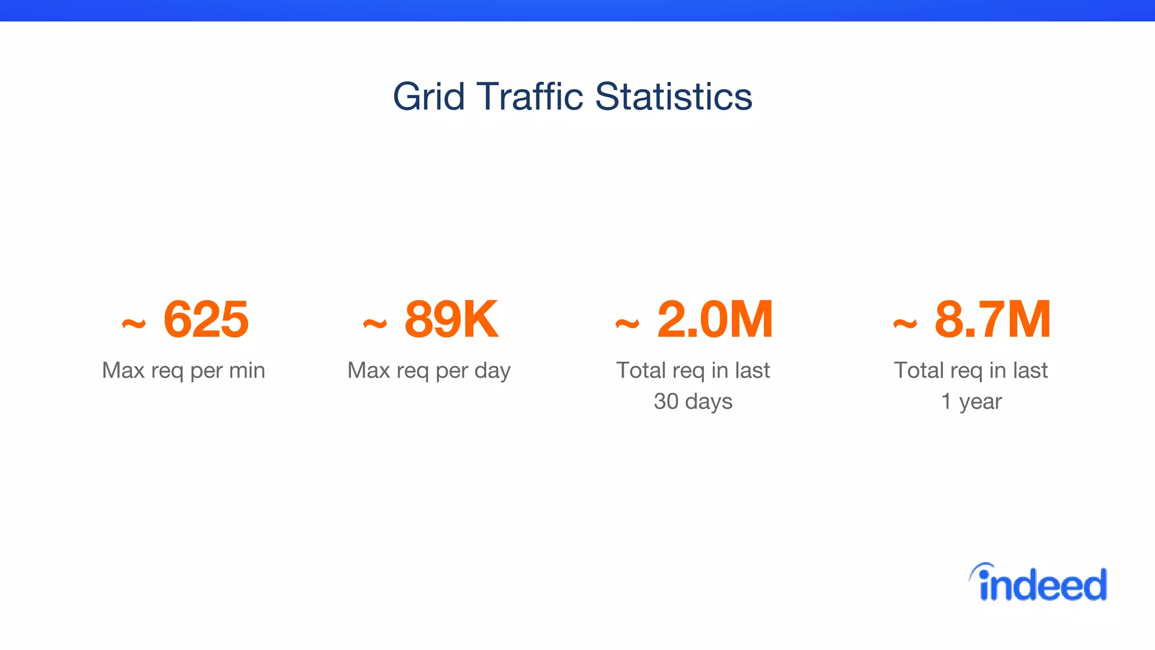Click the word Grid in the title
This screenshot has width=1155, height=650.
click(x=429, y=97)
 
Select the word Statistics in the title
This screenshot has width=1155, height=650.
click(x=673, y=97)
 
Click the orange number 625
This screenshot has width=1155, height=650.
click(x=206, y=320)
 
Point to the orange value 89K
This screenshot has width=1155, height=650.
click(x=452, y=320)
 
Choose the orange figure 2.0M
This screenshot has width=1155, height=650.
click(x=715, y=320)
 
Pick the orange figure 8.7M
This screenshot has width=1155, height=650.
click(x=993, y=320)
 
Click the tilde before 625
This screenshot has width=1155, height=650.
click(x=134, y=324)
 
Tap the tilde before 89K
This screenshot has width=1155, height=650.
click(x=375, y=324)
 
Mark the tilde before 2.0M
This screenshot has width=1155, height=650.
click(x=627, y=324)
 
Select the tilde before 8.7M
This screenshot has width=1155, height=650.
click(x=905, y=324)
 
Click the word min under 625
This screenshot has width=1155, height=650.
click(x=247, y=371)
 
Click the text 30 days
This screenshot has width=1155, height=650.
click(x=693, y=402)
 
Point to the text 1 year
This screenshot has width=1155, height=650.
click(x=971, y=402)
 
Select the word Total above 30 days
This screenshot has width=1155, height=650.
click(x=641, y=371)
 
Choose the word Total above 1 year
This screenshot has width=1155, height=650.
click(x=919, y=371)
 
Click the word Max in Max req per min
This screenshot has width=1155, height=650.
click(x=124, y=371)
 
